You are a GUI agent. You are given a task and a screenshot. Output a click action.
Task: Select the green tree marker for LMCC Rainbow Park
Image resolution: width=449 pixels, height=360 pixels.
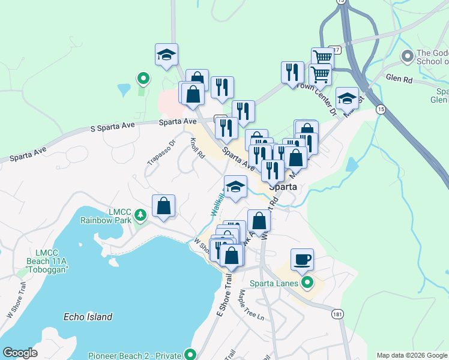[140, 214]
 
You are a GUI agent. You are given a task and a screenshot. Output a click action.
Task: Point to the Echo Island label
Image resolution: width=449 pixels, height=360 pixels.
[88, 316]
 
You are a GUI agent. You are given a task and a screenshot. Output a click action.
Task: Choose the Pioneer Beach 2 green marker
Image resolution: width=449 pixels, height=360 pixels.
[191, 354]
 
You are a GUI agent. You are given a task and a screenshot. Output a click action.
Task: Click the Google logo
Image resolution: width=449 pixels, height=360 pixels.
[20, 353]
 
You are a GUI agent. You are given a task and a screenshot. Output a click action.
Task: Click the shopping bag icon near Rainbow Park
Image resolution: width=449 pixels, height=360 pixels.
[163, 206]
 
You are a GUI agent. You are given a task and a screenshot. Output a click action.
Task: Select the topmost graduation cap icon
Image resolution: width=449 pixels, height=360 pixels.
[166, 55]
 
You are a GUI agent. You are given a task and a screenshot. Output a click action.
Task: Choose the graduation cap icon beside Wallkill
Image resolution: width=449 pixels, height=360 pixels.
[235, 187]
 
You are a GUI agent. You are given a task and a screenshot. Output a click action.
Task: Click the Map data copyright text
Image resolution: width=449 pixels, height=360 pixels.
[411, 355]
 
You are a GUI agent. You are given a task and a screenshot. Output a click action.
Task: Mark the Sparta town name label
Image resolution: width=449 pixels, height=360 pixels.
[283, 186]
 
